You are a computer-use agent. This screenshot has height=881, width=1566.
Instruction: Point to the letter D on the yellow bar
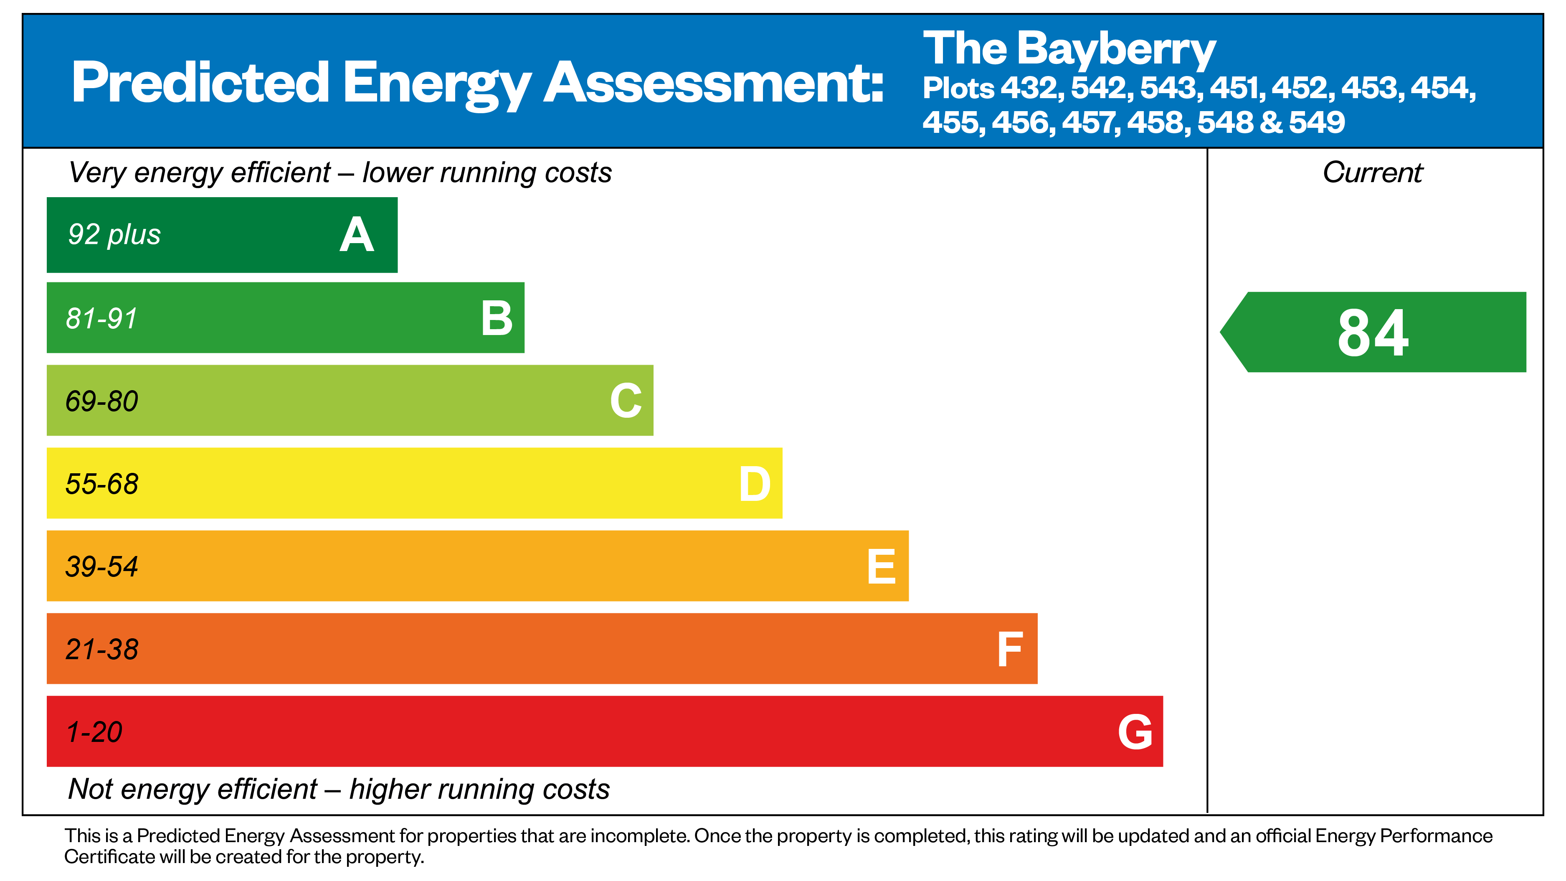[x=755, y=484]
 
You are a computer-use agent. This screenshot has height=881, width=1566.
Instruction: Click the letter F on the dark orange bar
[x=1010, y=649]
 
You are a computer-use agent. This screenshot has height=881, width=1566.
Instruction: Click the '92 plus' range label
[x=114, y=235]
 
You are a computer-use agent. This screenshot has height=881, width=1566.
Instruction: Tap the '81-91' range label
[x=101, y=318]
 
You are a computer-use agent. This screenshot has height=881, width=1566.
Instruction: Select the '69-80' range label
[x=101, y=401]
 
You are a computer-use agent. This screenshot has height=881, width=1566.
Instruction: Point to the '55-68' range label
[x=101, y=484]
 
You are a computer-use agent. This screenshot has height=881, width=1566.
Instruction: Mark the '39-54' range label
[x=101, y=567]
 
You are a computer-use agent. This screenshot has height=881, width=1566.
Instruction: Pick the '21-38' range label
[x=101, y=649]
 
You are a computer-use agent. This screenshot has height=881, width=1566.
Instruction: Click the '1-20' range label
[x=94, y=732]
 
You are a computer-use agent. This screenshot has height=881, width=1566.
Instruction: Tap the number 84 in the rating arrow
[x=1373, y=333]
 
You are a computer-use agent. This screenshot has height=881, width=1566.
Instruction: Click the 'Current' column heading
[x=1373, y=173]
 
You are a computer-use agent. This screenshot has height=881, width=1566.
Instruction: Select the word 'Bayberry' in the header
[x=1116, y=50]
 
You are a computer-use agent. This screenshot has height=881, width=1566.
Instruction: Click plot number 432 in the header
[x=1031, y=88]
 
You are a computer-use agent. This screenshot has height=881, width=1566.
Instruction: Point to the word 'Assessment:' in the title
[x=714, y=83]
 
